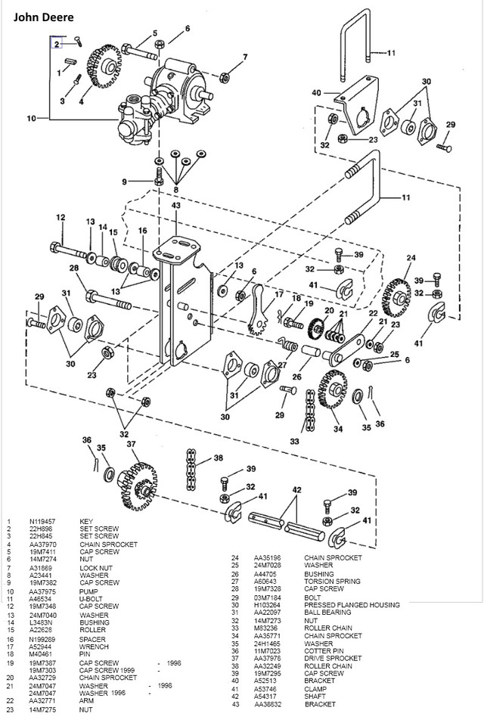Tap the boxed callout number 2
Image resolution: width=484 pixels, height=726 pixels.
[56, 45]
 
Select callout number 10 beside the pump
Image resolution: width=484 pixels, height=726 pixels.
[30, 119]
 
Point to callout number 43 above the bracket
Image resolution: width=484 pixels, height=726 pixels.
[175, 206]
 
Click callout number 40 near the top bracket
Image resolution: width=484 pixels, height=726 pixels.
[316, 93]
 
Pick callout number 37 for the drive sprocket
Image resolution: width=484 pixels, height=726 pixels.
[131, 444]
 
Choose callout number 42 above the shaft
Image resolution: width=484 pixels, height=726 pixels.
[297, 489]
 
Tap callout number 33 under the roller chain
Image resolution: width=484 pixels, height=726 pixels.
[294, 441]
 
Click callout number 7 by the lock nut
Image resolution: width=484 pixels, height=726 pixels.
[244, 57]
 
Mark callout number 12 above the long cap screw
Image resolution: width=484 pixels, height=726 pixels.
[60, 218]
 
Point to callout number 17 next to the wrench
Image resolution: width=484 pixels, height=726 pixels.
[279, 294]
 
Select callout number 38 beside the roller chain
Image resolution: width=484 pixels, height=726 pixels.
[218, 458]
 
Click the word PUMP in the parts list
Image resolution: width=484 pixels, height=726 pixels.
[88, 591]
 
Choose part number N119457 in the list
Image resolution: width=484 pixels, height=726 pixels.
[42, 522]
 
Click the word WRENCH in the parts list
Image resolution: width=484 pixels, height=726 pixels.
[94, 647]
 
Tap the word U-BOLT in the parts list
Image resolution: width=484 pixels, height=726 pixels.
[91, 598]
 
